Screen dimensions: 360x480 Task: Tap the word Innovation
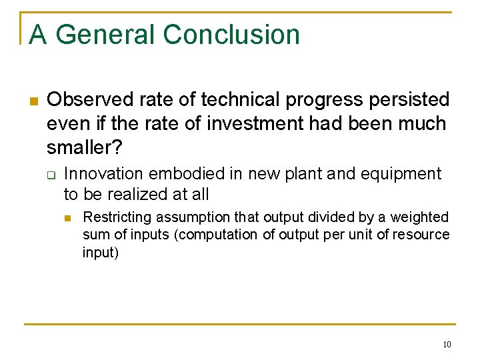click(x=103, y=174)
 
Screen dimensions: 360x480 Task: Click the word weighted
click(x=419, y=217)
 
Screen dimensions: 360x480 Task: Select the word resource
click(x=425, y=235)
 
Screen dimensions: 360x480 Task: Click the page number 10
click(x=446, y=345)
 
